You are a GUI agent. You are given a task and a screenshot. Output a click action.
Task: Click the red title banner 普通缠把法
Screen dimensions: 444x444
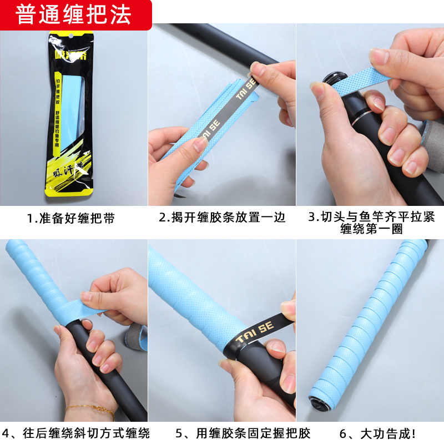tap(75, 15)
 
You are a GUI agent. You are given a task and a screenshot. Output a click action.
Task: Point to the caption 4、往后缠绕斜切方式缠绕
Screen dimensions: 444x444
tap(75, 433)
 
